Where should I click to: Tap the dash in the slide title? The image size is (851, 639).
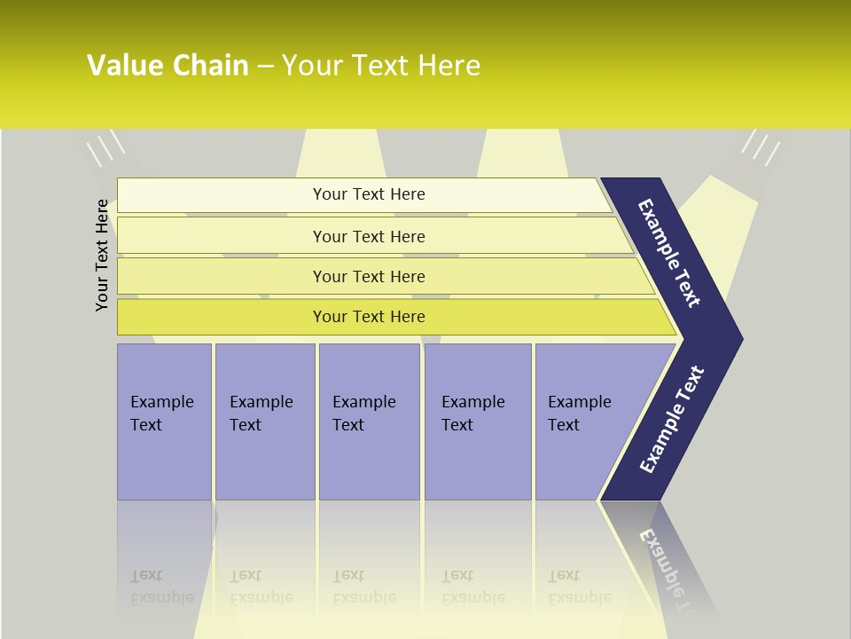click(x=265, y=67)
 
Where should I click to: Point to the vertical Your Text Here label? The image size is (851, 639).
click(x=102, y=256)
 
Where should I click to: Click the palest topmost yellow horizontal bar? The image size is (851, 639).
click(x=369, y=194)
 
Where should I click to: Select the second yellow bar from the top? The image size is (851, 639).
click(x=369, y=236)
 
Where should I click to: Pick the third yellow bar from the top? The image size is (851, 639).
click(x=369, y=276)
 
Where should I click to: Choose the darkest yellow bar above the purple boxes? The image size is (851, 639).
click(x=369, y=317)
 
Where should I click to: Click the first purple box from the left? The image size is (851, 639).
click(x=164, y=422)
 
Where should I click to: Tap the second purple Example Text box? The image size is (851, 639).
click(x=264, y=422)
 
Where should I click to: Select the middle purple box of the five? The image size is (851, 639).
click(x=369, y=422)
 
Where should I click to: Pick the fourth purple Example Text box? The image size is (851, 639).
click(x=478, y=422)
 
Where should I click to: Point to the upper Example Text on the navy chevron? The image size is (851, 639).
click(x=670, y=253)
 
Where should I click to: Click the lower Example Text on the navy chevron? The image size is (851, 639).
click(x=672, y=420)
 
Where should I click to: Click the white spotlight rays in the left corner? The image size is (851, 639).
click(x=105, y=147)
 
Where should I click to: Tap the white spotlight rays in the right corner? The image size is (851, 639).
click(x=761, y=147)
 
